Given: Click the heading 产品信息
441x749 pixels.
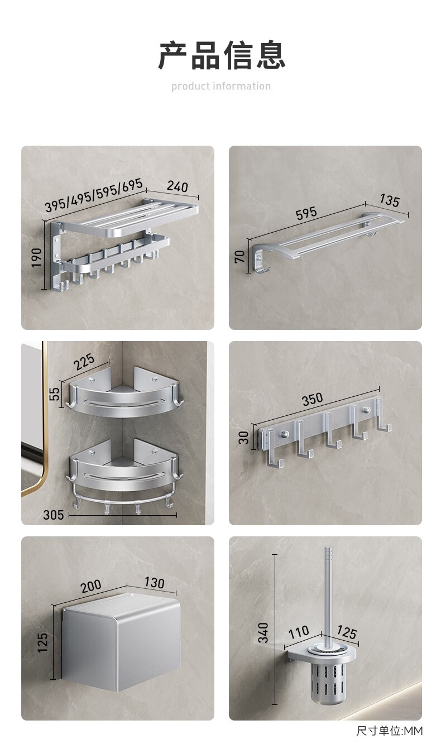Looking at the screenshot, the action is tap(221, 55).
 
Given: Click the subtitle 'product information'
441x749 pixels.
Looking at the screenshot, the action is tap(221, 87).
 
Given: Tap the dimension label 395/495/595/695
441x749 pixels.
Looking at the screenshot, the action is tap(94, 195).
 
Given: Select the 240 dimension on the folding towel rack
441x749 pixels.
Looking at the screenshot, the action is tap(177, 186).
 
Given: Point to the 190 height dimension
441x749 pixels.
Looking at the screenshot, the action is tap(36, 257).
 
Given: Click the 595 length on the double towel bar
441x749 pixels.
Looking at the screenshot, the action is tap(306, 213).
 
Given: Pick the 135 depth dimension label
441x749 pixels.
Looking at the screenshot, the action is tap(390, 200).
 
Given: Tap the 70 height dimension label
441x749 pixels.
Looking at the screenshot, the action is tap(239, 257).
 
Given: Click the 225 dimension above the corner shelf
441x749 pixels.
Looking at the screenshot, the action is tap(84, 362).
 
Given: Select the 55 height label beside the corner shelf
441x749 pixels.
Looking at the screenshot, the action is tap(54, 393).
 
